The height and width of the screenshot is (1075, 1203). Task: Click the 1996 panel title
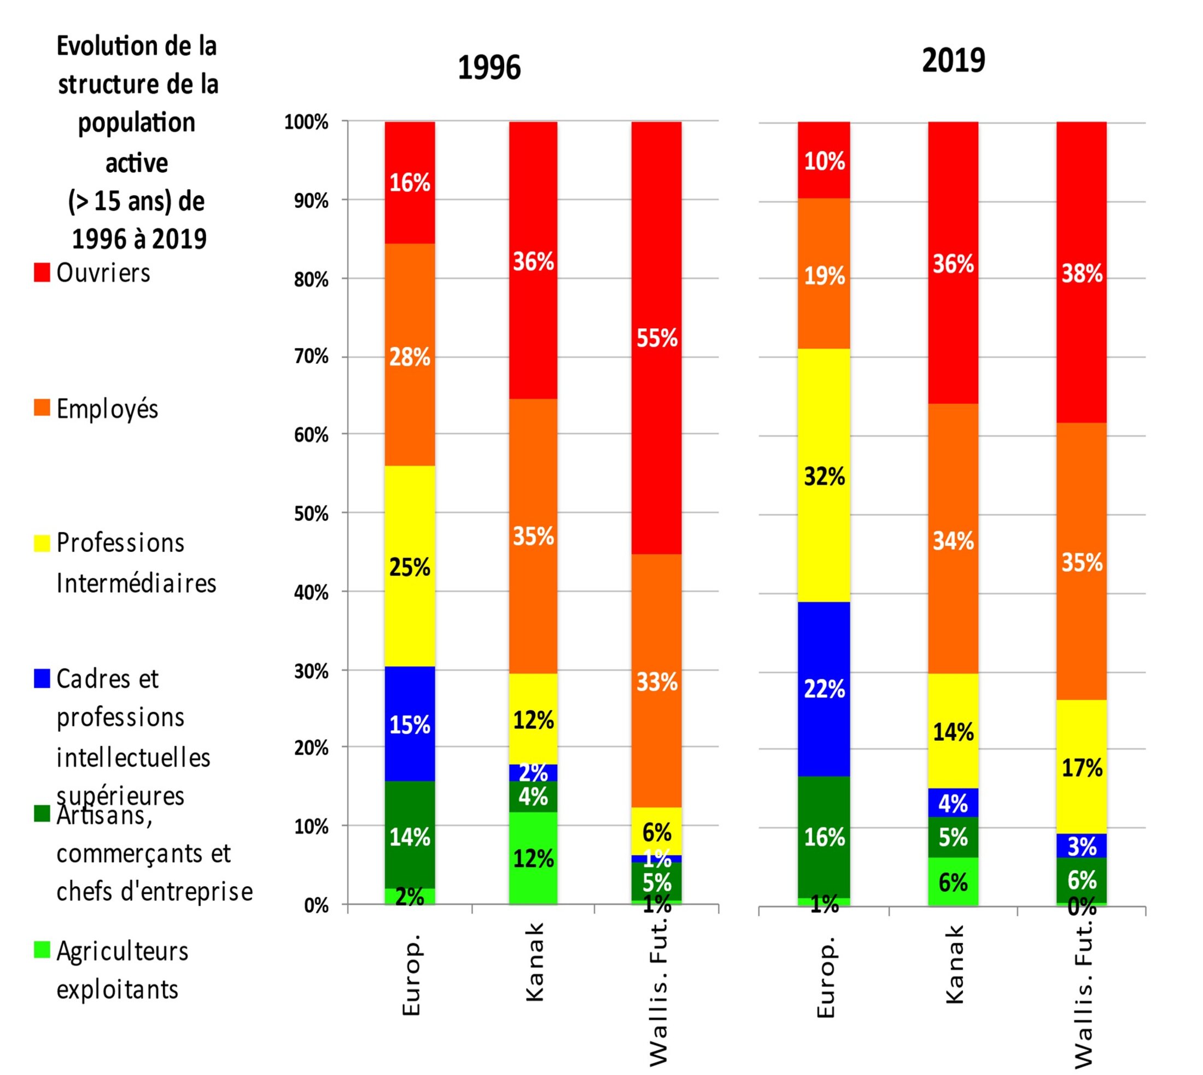coord(489,68)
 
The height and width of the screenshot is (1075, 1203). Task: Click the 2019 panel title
coord(953,61)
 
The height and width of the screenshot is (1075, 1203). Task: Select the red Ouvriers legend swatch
coord(42,273)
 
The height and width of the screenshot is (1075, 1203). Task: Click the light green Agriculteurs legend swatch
coord(42,950)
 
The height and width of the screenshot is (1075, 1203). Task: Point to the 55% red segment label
coord(656,339)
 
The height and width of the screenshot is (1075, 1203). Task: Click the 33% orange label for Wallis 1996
coord(656,682)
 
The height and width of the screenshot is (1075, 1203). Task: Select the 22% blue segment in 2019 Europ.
coord(824,689)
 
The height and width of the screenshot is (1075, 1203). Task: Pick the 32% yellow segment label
coord(824,476)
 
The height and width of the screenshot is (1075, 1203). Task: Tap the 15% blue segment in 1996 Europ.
coord(410,725)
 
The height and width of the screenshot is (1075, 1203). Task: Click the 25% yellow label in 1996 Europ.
coord(410,567)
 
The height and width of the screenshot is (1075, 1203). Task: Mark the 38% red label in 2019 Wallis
coord(1082,274)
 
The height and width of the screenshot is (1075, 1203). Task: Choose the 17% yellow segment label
coord(1082,768)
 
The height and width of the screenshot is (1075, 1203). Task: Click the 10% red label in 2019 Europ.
coord(824,161)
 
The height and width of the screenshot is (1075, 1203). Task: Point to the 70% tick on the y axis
coord(311,357)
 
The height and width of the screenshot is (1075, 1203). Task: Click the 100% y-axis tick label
coord(306,122)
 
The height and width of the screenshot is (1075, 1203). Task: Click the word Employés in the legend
coord(107,409)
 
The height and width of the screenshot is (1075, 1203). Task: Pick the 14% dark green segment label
coord(410,837)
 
